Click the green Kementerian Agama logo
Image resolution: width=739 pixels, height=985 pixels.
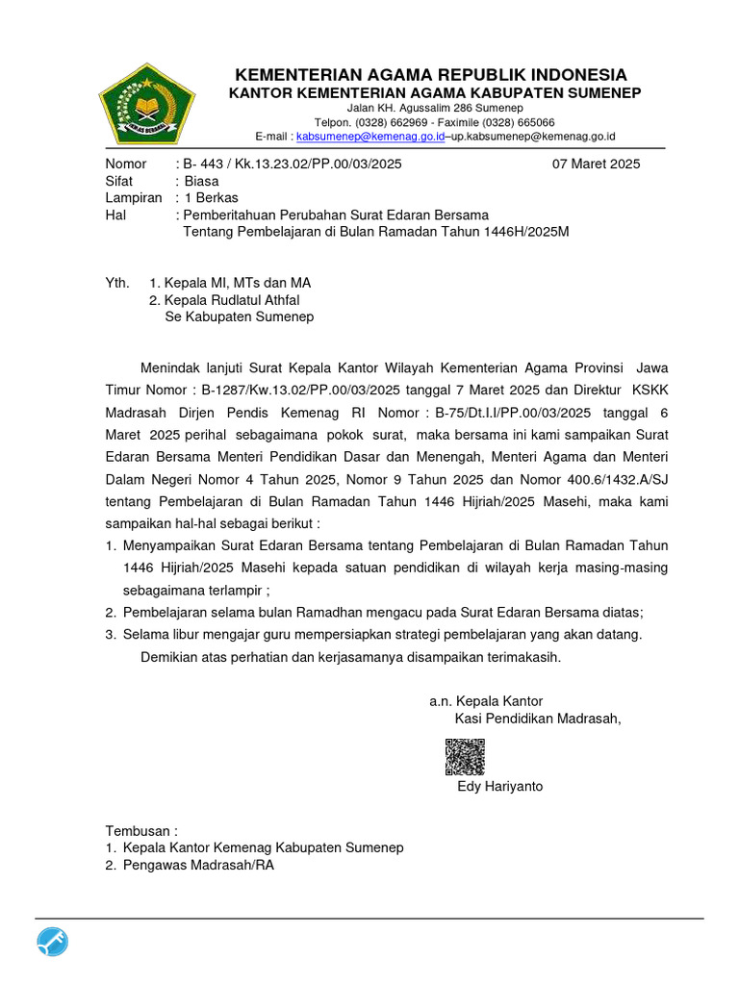tap(148, 103)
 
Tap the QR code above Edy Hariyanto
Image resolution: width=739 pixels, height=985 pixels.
tap(465, 757)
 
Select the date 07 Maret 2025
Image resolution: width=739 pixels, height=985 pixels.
tap(596, 164)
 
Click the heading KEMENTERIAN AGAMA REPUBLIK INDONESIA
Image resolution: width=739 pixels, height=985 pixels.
tap(432, 75)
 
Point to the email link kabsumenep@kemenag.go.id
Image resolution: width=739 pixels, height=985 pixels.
tap(369, 138)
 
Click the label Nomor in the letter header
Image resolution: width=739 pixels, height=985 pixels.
tap(125, 164)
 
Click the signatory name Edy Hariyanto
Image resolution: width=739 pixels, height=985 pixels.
tap(499, 787)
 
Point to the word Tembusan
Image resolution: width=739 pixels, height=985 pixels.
tap(140, 831)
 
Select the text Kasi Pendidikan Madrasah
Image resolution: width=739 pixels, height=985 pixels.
tap(537, 719)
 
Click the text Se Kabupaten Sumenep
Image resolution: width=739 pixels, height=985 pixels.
tap(240, 317)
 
